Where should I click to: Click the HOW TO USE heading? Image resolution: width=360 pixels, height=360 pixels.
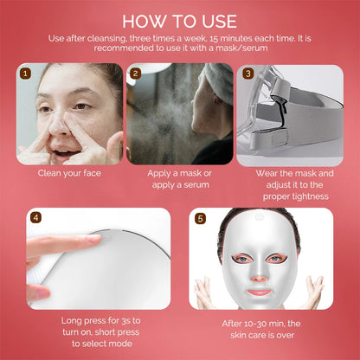[180, 19]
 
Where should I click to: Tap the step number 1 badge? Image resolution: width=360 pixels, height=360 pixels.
[26, 74]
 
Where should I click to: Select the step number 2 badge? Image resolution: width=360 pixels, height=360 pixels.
[135, 74]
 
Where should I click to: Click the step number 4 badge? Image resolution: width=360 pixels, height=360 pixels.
[35, 218]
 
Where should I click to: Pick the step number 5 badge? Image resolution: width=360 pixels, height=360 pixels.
[200, 218]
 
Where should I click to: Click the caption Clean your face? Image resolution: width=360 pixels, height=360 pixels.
[69, 172]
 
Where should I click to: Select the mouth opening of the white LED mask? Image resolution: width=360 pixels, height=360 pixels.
[260, 292]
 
